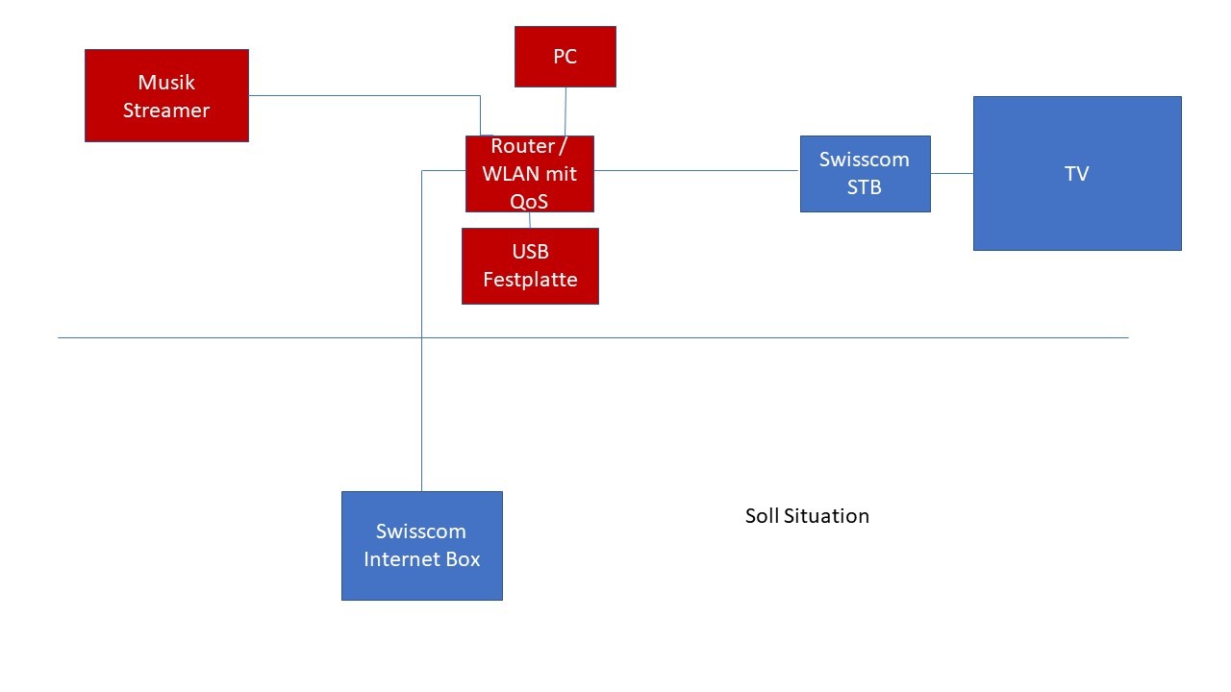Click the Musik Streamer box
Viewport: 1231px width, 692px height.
point(166,96)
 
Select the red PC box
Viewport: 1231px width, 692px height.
point(565,57)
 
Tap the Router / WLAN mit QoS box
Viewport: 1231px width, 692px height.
point(529,174)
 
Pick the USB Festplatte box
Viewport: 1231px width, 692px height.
point(530,266)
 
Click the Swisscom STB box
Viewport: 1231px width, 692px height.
point(865,174)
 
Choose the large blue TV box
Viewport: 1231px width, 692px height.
point(1076,174)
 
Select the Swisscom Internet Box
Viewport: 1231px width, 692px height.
point(421,546)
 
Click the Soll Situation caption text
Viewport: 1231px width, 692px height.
point(807,516)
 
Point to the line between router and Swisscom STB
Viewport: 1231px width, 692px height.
point(696,171)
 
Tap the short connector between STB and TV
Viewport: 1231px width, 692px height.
point(951,174)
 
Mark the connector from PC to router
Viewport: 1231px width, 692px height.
point(565,111)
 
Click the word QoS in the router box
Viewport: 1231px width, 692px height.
point(529,201)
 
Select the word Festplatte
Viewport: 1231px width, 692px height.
point(530,280)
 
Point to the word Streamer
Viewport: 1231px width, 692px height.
point(166,111)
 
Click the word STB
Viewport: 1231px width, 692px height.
point(864,187)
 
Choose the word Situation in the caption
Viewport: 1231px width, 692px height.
point(826,516)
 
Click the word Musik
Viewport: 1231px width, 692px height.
point(166,83)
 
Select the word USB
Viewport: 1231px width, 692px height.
point(530,252)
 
